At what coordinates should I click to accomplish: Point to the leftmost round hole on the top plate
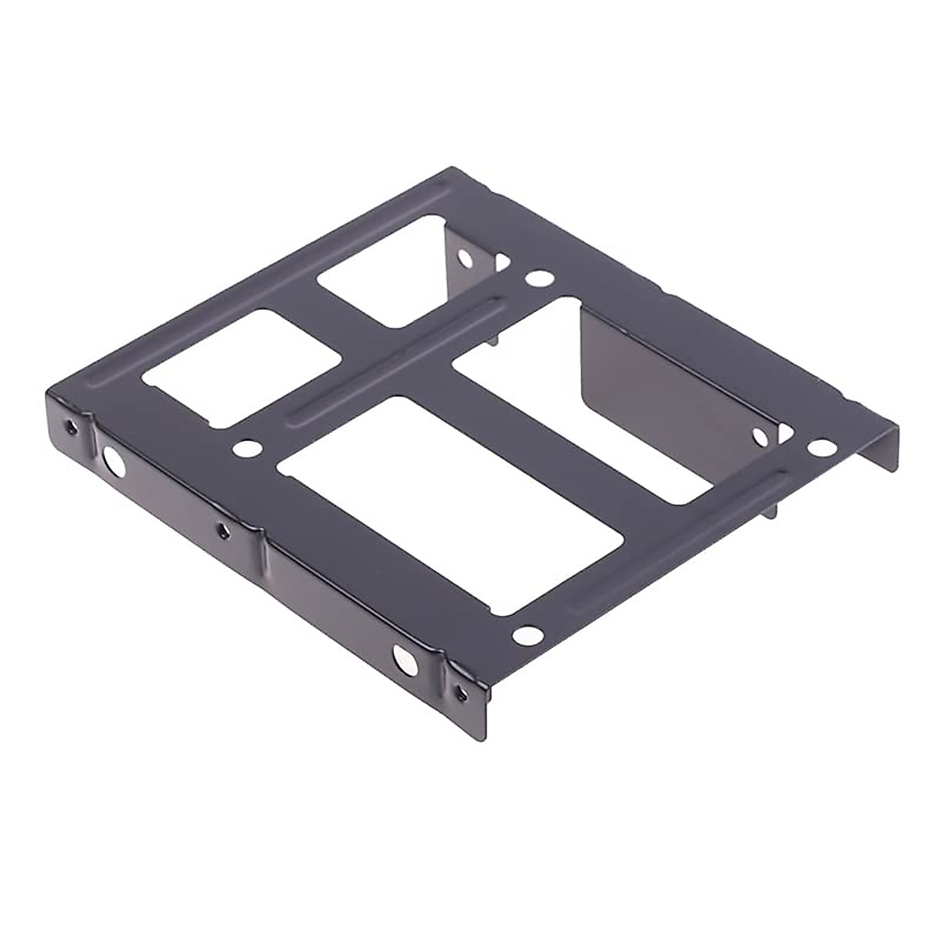(247, 449)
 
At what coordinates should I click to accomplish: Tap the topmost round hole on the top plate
(538, 277)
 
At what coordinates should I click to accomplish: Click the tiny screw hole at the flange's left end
(73, 428)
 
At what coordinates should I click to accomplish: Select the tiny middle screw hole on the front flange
(223, 531)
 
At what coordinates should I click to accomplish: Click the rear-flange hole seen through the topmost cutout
(465, 258)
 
